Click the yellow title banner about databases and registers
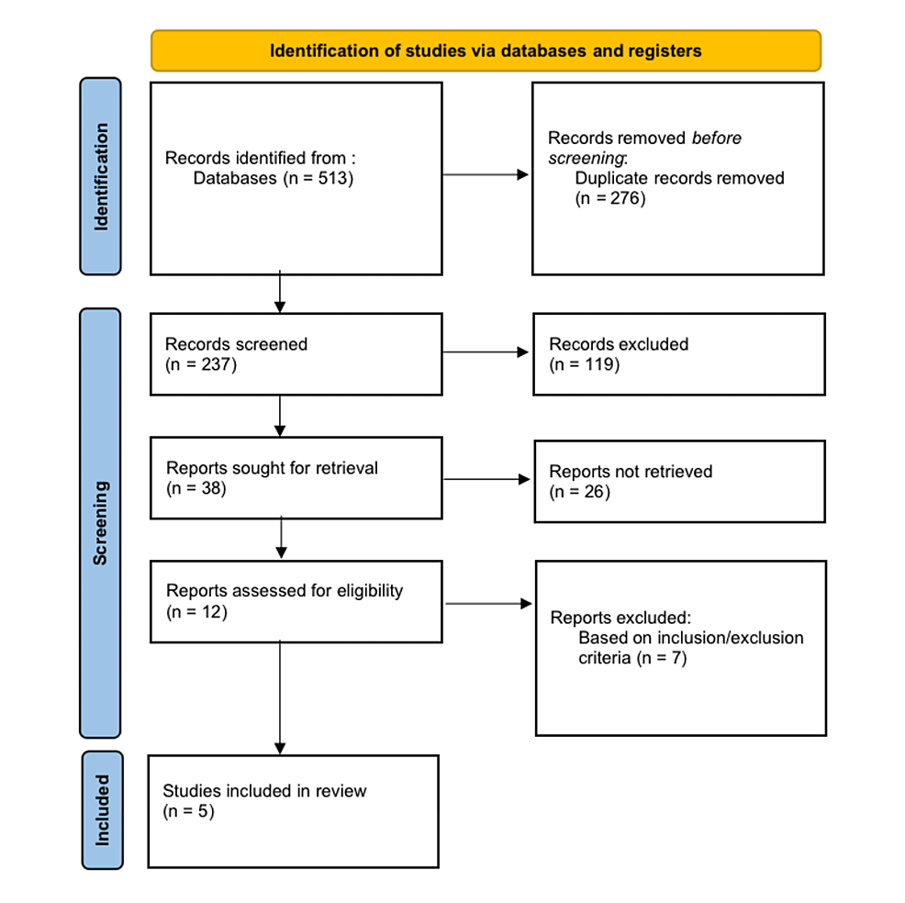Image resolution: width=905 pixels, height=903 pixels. pos(486,50)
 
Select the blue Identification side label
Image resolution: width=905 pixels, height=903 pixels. pos(100,176)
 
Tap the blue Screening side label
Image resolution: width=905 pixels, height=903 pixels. pos(100,522)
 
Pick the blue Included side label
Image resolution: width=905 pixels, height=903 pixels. pos(102,809)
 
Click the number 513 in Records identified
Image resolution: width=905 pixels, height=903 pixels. pos(330,178)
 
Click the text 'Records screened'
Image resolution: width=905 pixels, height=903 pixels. pos(236,344)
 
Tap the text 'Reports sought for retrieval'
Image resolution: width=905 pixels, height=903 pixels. pos(272,468)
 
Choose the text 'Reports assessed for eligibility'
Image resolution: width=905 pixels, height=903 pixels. pos(284,591)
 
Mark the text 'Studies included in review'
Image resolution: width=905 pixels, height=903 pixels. pos(264,790)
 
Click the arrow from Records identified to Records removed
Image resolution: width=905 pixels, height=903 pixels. pos(486,174)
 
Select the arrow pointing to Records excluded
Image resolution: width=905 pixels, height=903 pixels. pos(486,352)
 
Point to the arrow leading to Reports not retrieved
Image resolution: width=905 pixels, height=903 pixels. pos(487,479)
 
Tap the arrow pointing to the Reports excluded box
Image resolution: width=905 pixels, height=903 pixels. pos(488,604)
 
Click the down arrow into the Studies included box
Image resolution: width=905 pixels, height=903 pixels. pos(280,697)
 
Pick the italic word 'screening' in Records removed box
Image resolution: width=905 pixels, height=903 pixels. pos(586,158)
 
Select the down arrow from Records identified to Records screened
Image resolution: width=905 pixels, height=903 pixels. pos(280,293)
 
